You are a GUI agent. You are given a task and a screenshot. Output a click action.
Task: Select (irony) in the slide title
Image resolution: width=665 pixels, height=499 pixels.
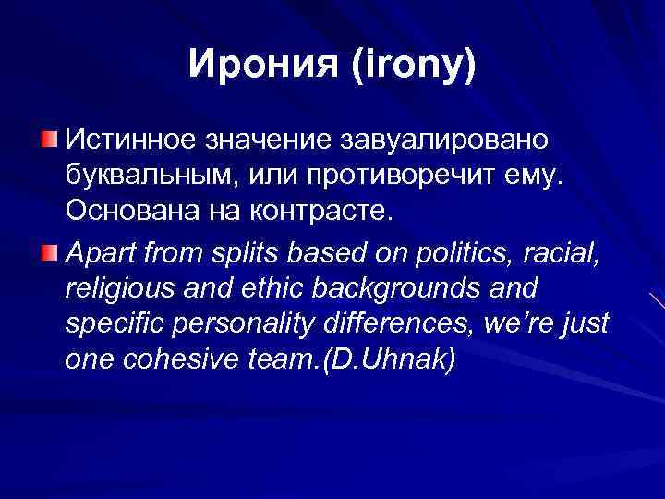coord(410,65)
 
